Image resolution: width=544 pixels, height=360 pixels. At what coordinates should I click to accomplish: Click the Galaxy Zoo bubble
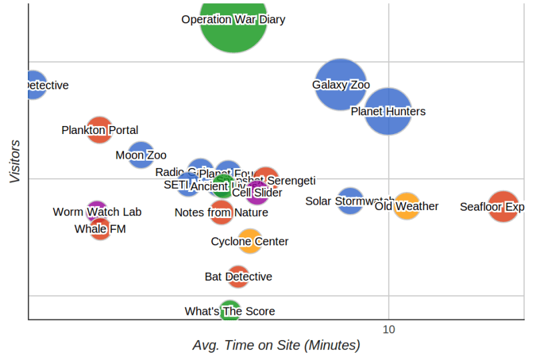point(341,85)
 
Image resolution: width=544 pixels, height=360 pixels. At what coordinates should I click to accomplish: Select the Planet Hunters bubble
point(388,111)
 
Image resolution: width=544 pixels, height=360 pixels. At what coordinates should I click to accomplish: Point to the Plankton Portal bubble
point(99,130)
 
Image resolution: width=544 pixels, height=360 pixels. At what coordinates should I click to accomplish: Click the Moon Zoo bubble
point(141,155)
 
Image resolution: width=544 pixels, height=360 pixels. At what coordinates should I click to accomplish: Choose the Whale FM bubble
point(100,229)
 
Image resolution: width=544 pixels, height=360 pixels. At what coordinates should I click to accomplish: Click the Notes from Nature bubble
point(221,213)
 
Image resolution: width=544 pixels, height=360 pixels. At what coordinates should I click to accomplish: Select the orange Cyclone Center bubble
point(250,241)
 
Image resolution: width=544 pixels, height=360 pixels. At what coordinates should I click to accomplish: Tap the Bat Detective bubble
point(238,277)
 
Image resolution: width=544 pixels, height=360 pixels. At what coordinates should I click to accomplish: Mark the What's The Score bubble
point(230,311)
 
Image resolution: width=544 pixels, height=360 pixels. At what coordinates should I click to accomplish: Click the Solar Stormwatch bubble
point(351,201)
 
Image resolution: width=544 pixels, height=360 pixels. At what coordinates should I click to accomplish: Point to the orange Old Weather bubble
point(407,207)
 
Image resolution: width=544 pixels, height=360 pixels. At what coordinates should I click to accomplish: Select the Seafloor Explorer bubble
point(503,207)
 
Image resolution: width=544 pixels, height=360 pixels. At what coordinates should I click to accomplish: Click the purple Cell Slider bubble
point(257,193)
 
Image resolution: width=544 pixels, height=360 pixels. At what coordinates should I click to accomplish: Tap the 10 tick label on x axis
point(389,329)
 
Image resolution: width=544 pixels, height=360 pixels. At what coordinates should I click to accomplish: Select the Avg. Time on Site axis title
point(276,345)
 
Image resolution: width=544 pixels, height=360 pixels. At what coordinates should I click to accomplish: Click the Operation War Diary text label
point(233,19)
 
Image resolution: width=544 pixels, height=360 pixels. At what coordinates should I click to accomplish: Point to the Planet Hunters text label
point(388,111)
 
